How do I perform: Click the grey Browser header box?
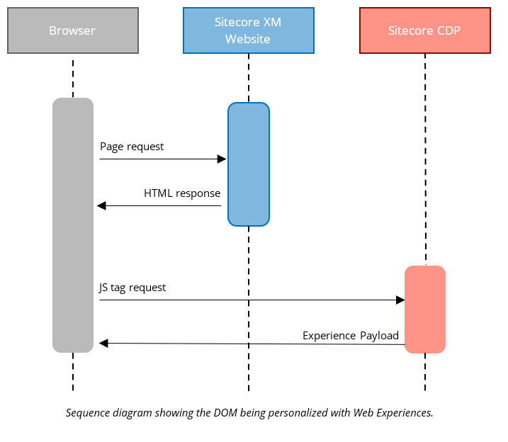72,30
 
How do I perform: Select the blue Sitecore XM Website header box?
248,30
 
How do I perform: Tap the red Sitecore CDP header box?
424,30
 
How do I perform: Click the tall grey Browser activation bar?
73,225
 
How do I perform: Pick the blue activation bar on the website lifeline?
248,164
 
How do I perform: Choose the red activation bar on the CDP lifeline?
424,309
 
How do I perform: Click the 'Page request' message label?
132,147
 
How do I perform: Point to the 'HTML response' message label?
182,193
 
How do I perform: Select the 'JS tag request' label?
132,288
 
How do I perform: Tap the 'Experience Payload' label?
351,336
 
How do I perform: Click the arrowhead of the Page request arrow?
221,159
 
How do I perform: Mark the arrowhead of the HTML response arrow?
101,206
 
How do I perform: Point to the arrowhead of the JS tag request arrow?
400,300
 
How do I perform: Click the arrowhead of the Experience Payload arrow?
103,344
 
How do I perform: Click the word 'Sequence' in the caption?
87,413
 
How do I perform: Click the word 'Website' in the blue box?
248,39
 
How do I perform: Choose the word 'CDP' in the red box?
448,30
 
